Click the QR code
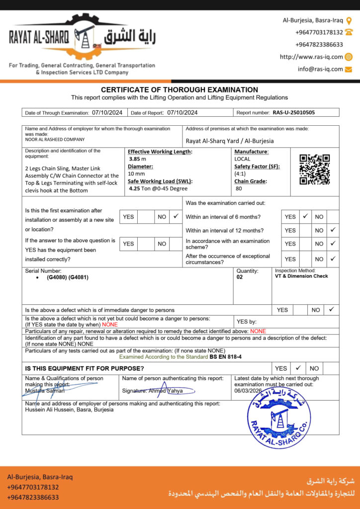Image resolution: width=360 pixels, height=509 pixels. point(314,170)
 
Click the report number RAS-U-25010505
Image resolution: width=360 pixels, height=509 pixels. point(293,113)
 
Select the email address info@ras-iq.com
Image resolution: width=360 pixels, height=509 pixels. point(320,69)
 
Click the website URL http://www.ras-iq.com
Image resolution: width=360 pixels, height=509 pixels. point(311,57)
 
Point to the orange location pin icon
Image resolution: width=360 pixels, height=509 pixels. point(349,21)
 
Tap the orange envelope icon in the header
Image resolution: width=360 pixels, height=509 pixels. point(349,69)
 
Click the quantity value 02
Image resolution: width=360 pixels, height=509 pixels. point(241,277)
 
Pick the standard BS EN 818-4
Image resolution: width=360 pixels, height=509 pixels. point(225,357)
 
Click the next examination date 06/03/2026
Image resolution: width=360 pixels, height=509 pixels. point(248,391)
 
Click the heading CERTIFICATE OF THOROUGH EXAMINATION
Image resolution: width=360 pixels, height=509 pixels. point(180,90)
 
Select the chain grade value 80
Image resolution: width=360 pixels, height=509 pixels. point(238,188)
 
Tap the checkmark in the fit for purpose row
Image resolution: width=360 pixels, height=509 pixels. point(298,368)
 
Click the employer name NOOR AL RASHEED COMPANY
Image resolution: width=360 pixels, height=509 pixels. point(55,140)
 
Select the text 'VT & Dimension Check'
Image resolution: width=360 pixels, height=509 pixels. point(301,276)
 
